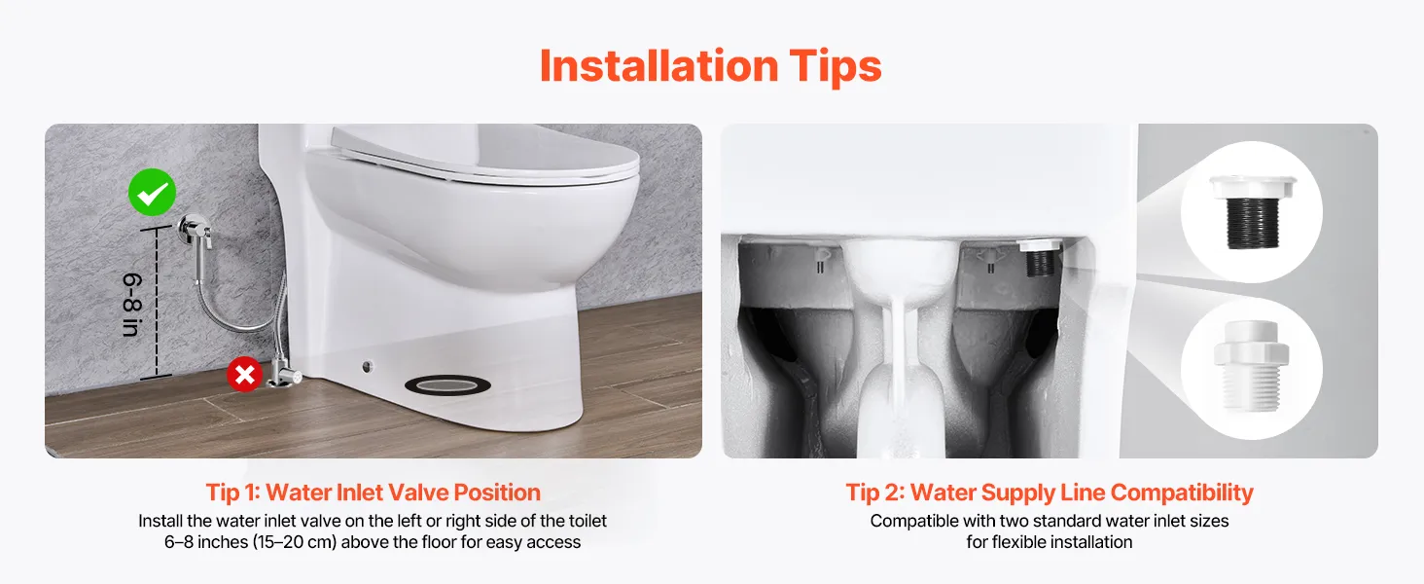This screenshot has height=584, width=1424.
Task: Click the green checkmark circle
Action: (x=152, y=192)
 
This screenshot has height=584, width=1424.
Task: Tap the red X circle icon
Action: (x=245, y=374)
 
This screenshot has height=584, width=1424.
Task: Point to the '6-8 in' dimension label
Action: (x=132, y=304)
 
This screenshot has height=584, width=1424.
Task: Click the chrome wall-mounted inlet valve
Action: (x=196, y=231)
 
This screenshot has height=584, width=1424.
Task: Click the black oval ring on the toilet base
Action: (x=447, y=384)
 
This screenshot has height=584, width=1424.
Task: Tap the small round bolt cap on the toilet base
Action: (x=368, y=366)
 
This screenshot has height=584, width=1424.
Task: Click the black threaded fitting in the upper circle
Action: (x=1252, y=212)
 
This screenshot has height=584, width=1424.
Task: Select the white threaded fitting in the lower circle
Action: (x=1251, y=365)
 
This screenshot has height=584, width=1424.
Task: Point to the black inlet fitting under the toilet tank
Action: (x=1040, y=258)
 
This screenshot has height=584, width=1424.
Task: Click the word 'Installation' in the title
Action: (x=659, y=66)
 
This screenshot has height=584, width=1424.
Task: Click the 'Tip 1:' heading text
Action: (x=232, y=493)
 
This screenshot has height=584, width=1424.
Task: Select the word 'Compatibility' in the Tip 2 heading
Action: (x=1182, y=493)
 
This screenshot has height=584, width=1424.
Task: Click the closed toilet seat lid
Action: (x=484, y=154)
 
